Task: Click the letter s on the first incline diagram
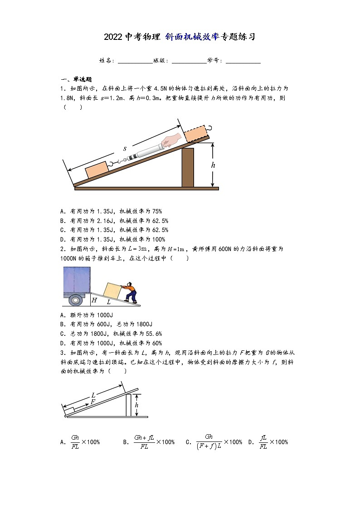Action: point(125,148)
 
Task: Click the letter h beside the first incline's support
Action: point(213,165)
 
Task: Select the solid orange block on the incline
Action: point(97,171)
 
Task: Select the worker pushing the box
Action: point(131,293)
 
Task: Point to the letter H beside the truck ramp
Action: point(94,300)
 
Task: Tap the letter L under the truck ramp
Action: point(109,301)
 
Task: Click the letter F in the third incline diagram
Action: point(93,402)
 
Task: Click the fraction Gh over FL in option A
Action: point(75,442)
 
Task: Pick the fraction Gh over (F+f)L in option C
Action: point(209,442)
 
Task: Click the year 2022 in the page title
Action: point(113,37)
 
